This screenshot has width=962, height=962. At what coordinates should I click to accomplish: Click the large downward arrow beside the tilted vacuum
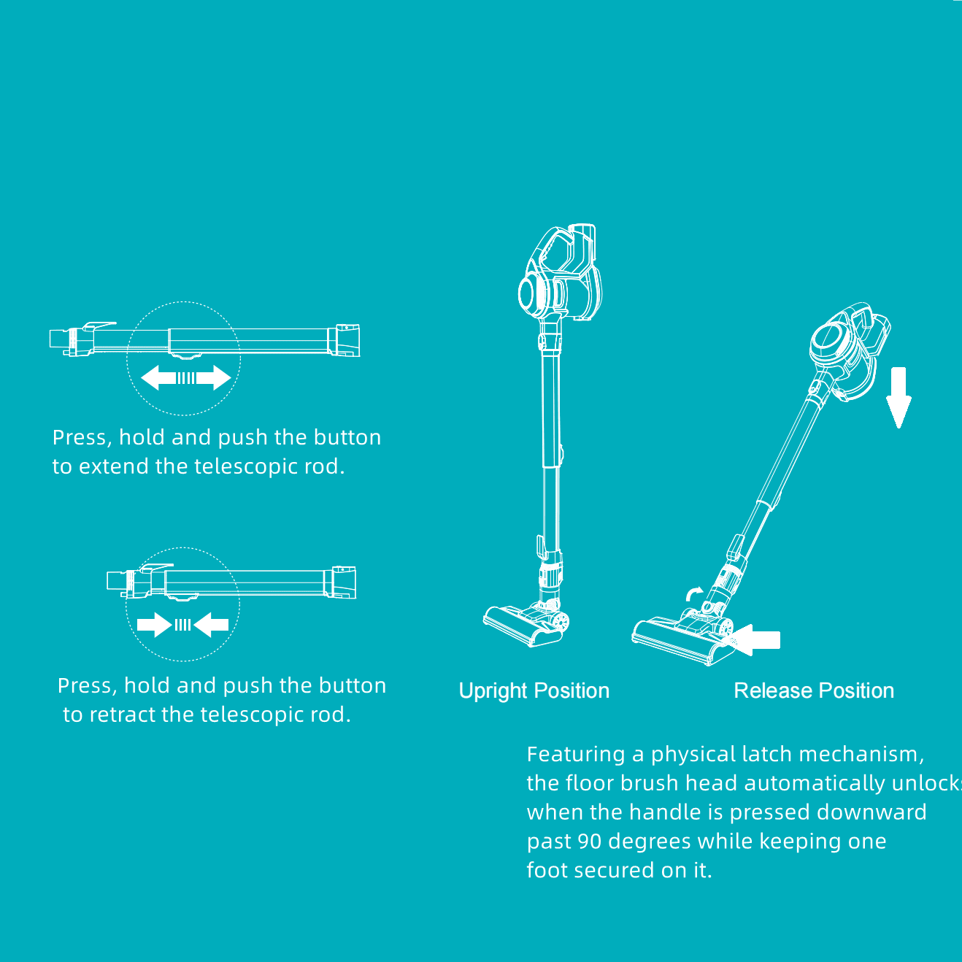(898, 397)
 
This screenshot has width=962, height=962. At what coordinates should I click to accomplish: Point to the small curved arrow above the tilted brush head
(693, 593)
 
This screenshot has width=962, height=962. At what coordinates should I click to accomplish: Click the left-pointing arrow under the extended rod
(159, 377)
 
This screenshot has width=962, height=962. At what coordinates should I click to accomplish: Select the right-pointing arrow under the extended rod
(214, 377)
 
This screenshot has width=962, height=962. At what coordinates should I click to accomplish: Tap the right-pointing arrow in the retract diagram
(154, 625)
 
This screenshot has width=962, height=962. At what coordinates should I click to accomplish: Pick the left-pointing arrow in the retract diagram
(211, 625)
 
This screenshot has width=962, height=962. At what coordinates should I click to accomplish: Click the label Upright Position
(534, 691)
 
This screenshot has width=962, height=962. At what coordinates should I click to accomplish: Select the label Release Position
(814, 691)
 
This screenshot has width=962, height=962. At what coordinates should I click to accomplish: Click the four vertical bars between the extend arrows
(185, 378)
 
